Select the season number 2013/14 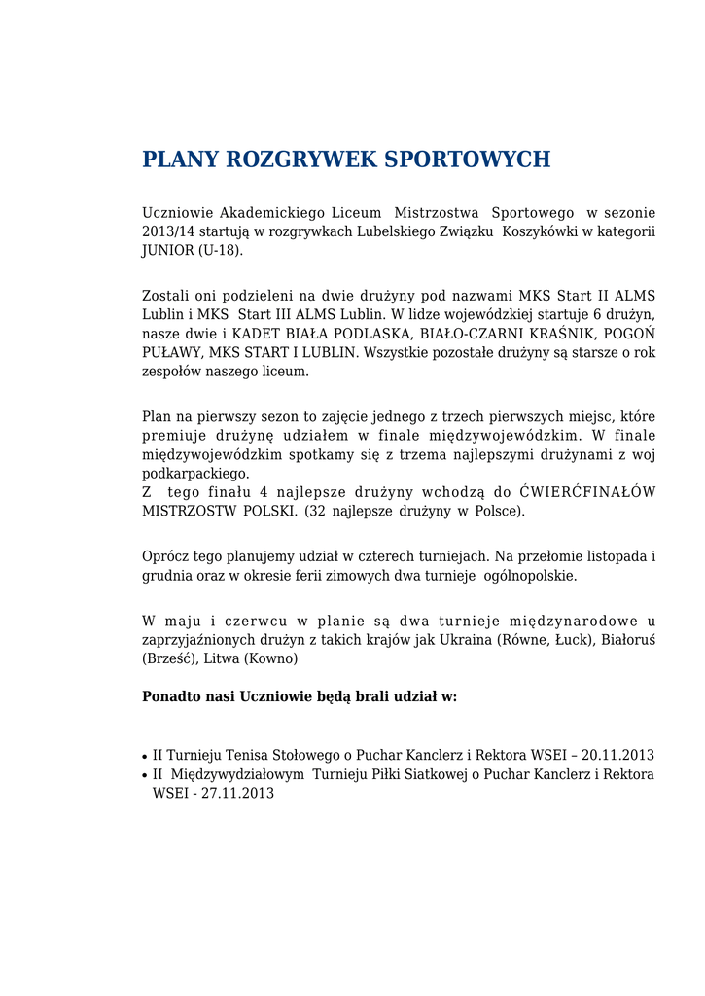point(170,231)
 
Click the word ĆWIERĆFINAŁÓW point(587,492)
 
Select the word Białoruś point(628,639)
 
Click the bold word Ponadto point(171,697)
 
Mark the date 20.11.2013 point(617,755)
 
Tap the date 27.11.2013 point(237,793)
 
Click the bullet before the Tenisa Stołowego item point(145,756)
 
